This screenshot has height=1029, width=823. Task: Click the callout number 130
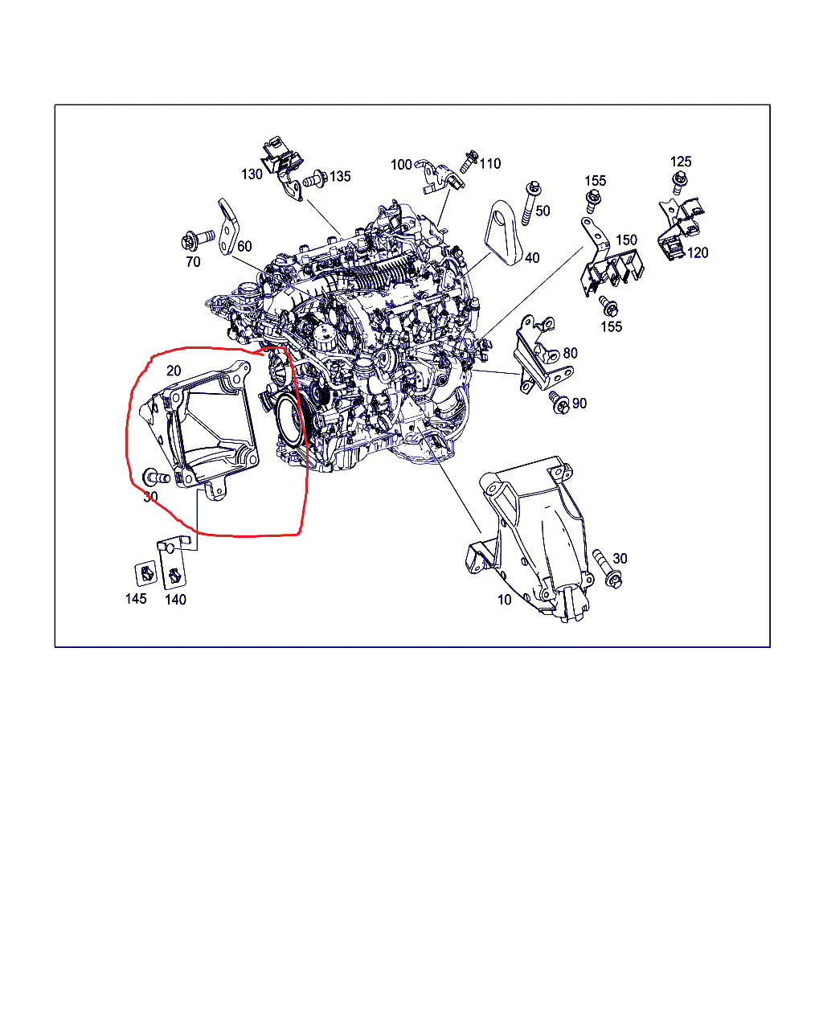pos(252,174)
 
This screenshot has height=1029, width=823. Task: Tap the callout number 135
pos(340,176)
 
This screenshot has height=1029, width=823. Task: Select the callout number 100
pos(401,165)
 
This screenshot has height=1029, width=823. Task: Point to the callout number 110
pos(490,164)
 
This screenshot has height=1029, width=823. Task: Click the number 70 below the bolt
pos(193,262)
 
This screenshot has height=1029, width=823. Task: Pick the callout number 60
pos(244,246)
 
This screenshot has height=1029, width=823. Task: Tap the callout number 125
pos(681,162)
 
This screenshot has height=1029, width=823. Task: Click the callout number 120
pos(698,253)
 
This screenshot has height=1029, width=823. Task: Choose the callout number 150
pos(626,240)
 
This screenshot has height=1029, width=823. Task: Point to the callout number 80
pos(570,353)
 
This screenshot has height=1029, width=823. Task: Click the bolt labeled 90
pos(559,403)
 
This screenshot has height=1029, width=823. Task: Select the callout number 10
pos(505,600)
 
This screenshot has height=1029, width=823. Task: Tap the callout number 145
pos(136,599)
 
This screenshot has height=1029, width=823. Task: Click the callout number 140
pos(175,600)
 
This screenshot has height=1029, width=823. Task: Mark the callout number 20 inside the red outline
pos(174,371)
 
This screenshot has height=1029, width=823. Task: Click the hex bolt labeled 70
pos(198,240)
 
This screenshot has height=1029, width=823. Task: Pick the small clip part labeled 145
pos(145,573)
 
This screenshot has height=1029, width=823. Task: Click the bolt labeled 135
pos(317,178)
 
